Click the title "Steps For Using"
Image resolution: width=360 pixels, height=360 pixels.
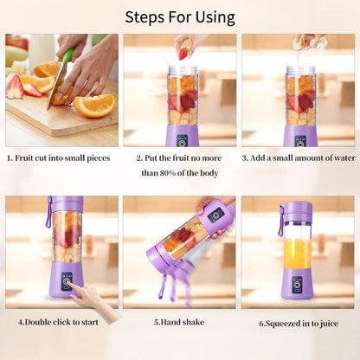[180, 16]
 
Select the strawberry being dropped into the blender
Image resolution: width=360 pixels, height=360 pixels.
[183, 53]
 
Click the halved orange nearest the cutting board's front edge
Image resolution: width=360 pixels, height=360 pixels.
[94, 105]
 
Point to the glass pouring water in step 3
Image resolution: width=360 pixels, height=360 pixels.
[305, 41]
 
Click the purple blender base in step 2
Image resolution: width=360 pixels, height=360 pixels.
[182, 135]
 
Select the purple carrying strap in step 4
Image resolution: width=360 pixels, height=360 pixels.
[48, 213]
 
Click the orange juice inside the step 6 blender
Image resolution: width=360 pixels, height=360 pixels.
[297, 254]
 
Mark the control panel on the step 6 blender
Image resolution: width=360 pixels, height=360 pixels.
[297, 284]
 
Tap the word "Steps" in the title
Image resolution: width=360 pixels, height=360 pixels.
[145, 16]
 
